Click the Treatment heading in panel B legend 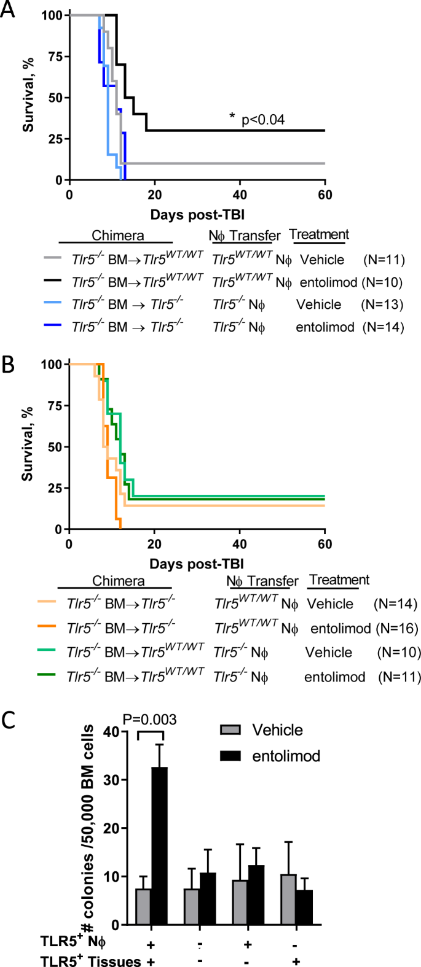coord(339,580)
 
